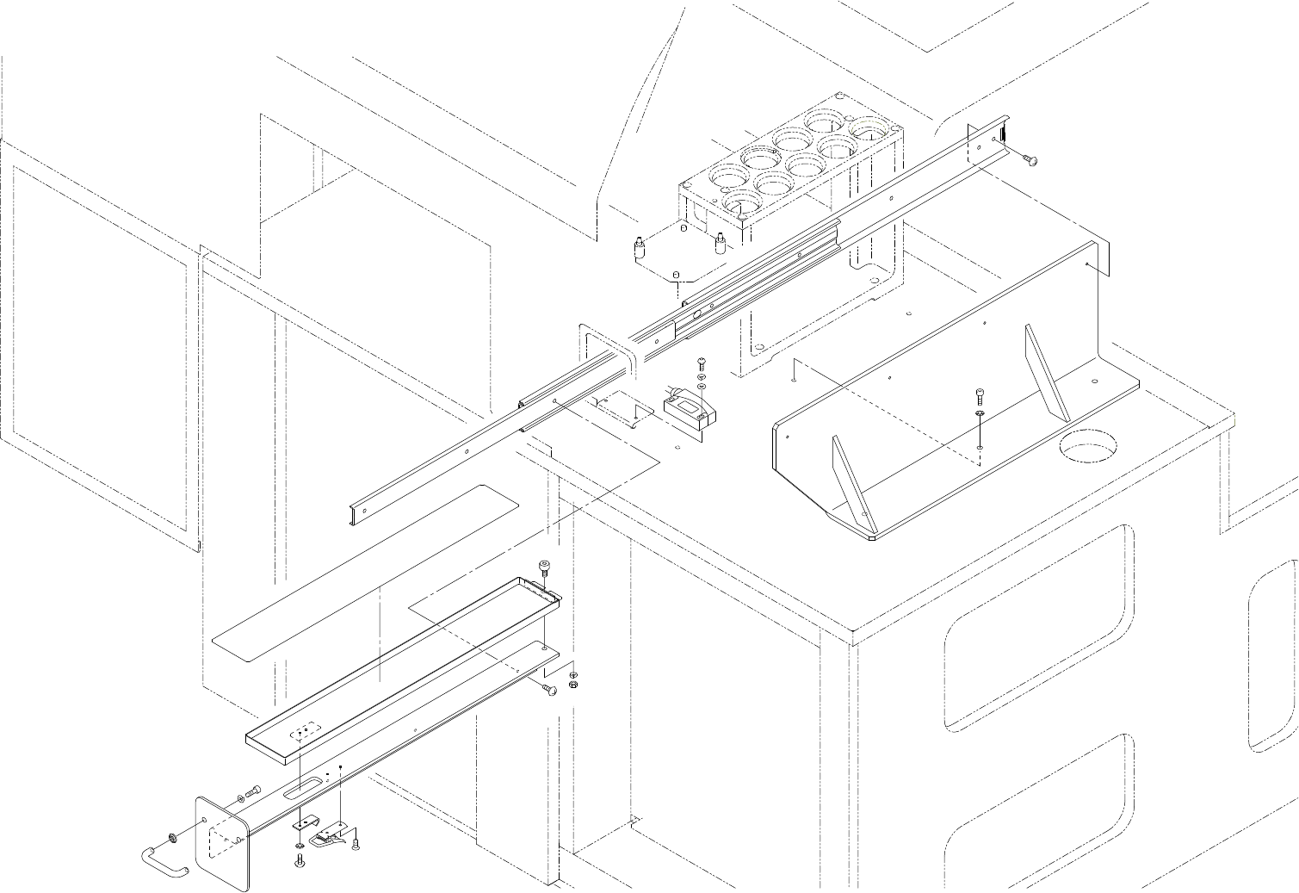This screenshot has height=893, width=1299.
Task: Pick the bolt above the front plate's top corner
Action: [253, 791]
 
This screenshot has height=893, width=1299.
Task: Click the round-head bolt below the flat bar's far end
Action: [550, 687]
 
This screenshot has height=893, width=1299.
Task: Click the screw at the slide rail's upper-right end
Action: [1028, 159]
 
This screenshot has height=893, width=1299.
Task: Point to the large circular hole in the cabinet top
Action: [1086, 448]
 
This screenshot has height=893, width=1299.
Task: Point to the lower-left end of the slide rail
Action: [359, 511]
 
